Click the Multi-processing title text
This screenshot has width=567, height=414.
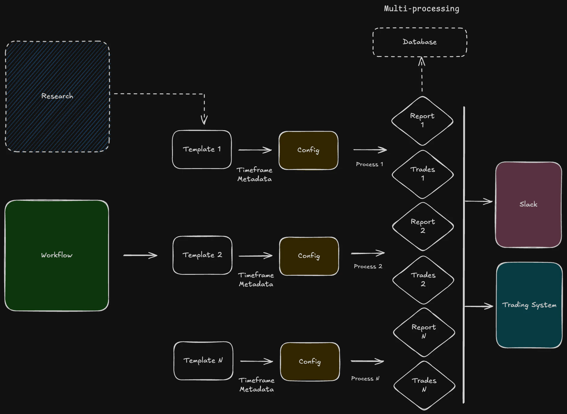click(x=421, y=9)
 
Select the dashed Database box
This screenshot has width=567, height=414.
click(x=420, y=42)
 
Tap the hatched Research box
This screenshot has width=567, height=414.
click(x=57, y=96)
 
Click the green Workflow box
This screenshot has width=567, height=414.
click(x=57, y=255)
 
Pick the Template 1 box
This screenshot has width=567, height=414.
click(x=202, y=149)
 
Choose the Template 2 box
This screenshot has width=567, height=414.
click(x=202, y=255)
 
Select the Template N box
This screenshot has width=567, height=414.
click(x=203, y=361)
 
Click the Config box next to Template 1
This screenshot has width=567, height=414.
click(x=309, y=150)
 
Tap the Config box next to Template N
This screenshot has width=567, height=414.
click(x=310, y=362)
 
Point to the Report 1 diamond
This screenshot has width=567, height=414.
click(x=422, y=121)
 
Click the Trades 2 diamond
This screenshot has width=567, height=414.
click(x=423, y=280)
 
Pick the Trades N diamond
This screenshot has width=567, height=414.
click(x=424, y=385)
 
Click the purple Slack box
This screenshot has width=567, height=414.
click(x=528, y=205)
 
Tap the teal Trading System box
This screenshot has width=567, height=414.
click(x=529, y=305)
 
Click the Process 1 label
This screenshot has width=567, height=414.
click(x=369, y=164)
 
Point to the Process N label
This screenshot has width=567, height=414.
click(x=365, y=378)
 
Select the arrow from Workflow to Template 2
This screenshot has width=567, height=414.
click(x=140, y=256)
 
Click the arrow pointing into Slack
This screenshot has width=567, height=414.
click(x=479, y=201)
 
